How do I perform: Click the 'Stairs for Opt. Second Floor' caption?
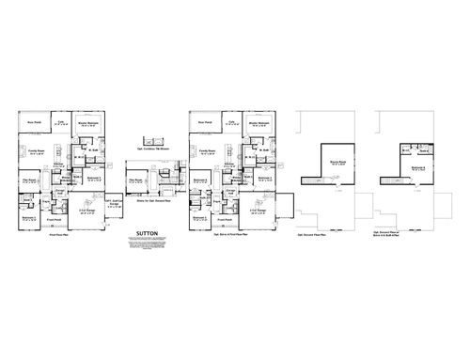147,201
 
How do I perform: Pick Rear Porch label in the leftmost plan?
32,123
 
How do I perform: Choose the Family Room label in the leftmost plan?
35,150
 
